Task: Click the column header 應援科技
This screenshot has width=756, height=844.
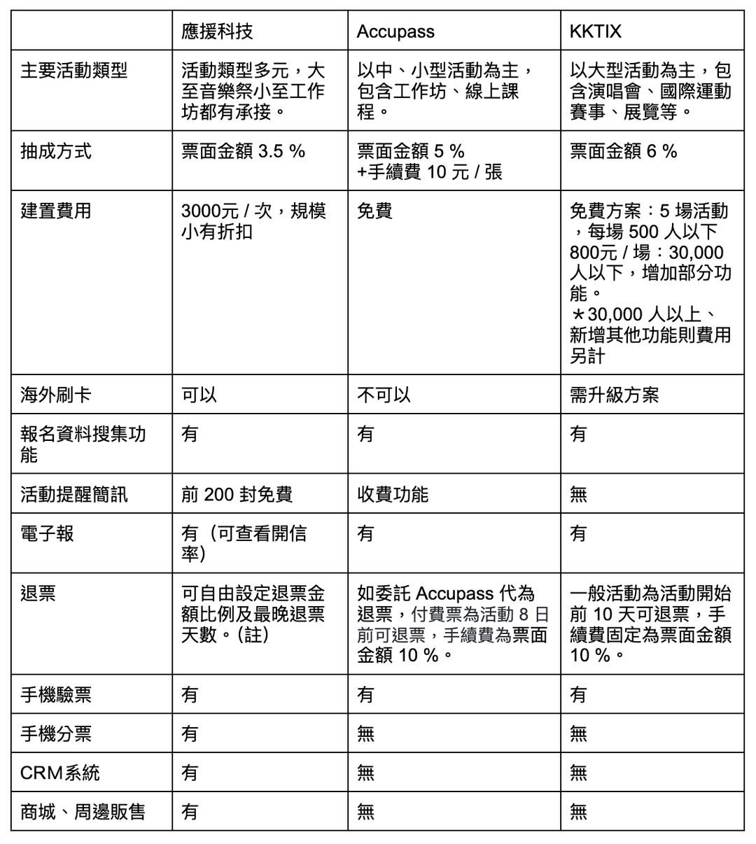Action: point(217,31)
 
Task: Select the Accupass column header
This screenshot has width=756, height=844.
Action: point(395,31)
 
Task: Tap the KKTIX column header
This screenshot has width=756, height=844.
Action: point(595,31)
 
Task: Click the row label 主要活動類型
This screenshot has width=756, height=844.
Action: point(74,71)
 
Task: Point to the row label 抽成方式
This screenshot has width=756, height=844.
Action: point(56,151)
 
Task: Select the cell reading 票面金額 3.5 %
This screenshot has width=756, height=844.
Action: point(243,151)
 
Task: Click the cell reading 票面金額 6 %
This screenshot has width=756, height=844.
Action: point(623,151)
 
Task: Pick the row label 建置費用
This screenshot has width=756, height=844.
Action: point(56,211)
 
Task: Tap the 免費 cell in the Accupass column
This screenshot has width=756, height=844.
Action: point(375,211)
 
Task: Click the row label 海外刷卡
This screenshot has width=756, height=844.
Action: point(56,395)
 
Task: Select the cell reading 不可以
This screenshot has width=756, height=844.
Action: point(384,395)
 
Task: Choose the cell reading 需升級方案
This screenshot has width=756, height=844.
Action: point(614,395)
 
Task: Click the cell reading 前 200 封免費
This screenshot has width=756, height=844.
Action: point(237,495)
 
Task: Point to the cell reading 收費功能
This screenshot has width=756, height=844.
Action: point(393,495)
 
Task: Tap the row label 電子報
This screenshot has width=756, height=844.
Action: point(47,534)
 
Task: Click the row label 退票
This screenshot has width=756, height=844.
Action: point(38,593)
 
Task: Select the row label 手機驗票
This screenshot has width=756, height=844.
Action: point(56,695)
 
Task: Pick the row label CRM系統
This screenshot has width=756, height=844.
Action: point(60,773)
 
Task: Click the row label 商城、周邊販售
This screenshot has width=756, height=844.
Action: point(83,812)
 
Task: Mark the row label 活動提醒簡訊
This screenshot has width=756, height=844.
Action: point(74,495)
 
